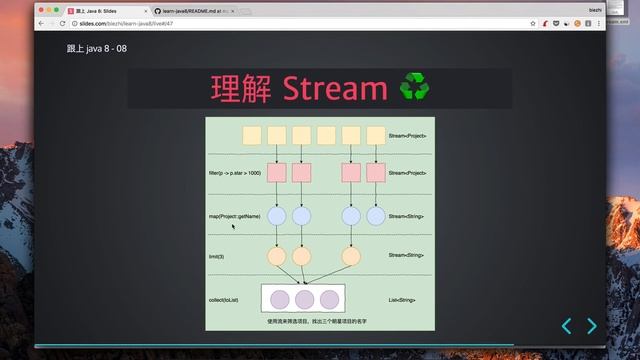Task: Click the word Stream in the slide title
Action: point(335,89)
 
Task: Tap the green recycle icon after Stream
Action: point(414,88)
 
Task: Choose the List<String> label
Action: point(402,298)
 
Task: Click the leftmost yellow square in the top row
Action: point(252,134)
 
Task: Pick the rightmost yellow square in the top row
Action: point(375,134)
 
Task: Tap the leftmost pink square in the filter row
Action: point(276,173)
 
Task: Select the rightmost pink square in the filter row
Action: point(375,173)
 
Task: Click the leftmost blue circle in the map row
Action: point(277,215)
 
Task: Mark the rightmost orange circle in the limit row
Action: point(350,256)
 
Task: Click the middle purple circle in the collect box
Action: point(303,298)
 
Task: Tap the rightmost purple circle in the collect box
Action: point(330,298)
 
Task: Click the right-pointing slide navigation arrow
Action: point(592,325)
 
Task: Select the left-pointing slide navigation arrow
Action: point(566,325)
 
